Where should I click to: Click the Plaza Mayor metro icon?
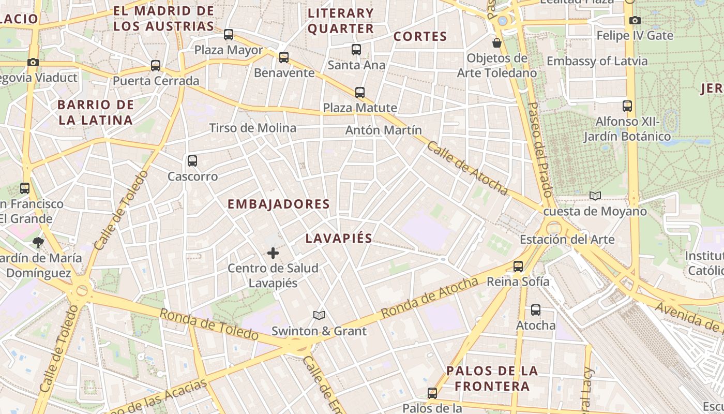click(x=229, y=35)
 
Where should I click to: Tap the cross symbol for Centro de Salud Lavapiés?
click(x=273, y=253)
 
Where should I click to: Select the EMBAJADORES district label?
click(x=279, y=204)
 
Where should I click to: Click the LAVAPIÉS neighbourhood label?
click(x=339, y=238)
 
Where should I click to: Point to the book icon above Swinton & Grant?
click(x=319, y=315)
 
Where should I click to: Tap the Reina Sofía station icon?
click(x=518, y=267)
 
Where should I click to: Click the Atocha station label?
click(x=536, y=326)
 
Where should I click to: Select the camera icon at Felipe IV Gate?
click(x=635, y=21)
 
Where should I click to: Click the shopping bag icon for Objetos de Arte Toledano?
click(x=497, y=42)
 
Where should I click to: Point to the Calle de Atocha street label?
click(x=467, y=168)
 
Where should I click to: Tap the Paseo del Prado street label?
click(x=538, y=150)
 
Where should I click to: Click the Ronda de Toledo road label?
click(x=209, y=324)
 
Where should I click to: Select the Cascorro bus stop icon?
click(x=192, y=161)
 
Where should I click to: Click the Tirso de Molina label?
click(x=252, y=128)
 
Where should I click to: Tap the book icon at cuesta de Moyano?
click(x=595, y=196)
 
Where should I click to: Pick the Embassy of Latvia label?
click(x=597, y=61)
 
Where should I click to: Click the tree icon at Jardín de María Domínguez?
click(x=38, y=242)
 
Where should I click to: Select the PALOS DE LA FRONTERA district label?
click(x=492, y=378)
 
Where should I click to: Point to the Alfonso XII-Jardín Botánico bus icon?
click(x=627, y=106)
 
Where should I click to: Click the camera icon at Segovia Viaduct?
click(x=33, y=63)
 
